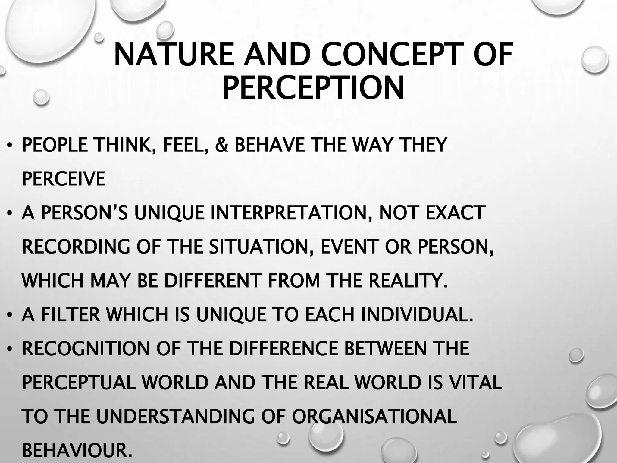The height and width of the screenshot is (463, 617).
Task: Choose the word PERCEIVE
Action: click(64, 179)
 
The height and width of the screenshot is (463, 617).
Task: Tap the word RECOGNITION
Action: click(86, 349)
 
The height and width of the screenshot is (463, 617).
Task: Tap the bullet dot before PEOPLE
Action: click(10, 146)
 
